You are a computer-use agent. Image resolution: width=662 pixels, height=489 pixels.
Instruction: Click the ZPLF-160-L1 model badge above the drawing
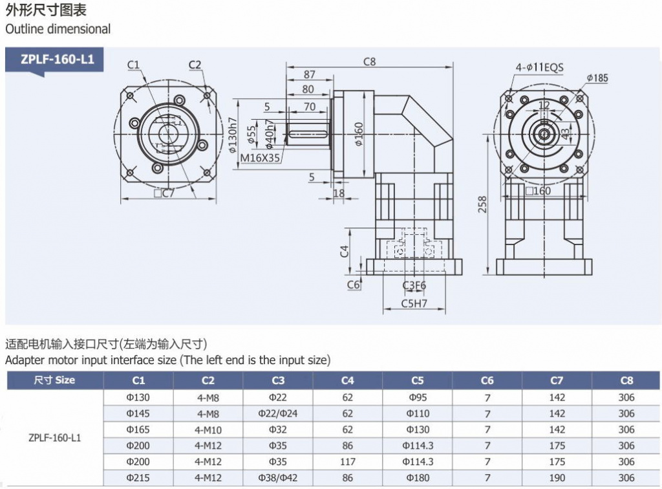(x=57, y=60)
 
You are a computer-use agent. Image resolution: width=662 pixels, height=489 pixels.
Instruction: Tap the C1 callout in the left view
(x=134, y=64)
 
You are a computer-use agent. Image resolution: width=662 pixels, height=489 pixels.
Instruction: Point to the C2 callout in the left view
(x=195, y=64)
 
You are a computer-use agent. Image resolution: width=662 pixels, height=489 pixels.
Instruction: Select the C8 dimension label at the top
(x=369, y=62)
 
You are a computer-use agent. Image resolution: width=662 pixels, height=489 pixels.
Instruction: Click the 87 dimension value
(x=310, y=75)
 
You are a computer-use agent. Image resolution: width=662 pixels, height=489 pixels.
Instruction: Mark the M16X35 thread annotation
(x=260, y=157)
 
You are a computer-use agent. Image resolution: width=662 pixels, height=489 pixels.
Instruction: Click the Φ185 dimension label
(x=597, y=78)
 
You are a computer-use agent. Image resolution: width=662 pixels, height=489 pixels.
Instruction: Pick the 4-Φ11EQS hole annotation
(x=539, y=67)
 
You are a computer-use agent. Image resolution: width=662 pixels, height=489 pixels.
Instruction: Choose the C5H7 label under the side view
(x=414, y=302)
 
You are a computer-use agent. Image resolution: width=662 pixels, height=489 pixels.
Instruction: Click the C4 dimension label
(x=345, y=251)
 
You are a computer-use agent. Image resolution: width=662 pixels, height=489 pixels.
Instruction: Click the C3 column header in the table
(x=278, y=380)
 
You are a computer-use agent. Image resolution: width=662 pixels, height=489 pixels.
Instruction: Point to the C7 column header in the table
(x=557, y=380)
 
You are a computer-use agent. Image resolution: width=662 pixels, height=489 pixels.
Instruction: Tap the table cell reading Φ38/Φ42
(x=278, y=477)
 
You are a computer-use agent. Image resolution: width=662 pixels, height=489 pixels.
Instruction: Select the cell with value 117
(x=348, y=461)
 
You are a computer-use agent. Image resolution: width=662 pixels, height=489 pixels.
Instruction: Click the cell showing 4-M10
(x=208, y=429)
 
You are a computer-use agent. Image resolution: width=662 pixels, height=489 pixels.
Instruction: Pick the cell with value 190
(x=557, y=477)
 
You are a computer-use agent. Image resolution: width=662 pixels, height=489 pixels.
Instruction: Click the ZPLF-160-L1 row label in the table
(x=55, y=437)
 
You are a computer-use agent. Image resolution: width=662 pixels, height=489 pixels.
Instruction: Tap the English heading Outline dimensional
(x=58, y=29)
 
